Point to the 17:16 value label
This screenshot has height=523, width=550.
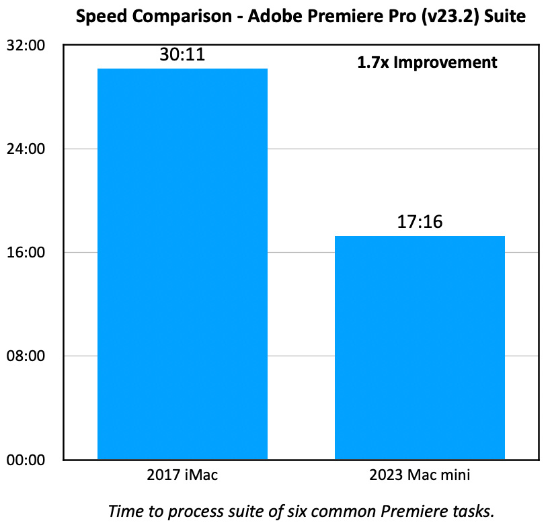coord(420,222)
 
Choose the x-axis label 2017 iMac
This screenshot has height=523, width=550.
coord(182,475)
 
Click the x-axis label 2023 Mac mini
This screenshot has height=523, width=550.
coord(420,475)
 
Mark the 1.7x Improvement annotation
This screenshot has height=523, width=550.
coord(427,63)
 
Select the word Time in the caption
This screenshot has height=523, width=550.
coord(123,510)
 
